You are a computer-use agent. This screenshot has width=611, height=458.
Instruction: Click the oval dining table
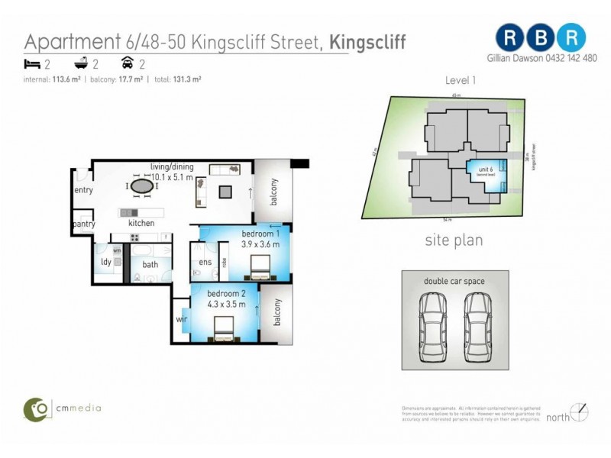[141, 185]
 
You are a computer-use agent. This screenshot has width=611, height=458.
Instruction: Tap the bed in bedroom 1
[258, 267]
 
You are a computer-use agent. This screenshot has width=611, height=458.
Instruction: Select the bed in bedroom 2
[224, 329]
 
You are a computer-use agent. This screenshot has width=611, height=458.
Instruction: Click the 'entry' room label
[83, 190]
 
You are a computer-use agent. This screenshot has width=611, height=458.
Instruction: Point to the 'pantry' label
[83, 224]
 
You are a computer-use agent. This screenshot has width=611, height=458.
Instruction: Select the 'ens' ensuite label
[205, 263]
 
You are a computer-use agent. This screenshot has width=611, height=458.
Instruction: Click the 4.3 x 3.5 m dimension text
[226, 304]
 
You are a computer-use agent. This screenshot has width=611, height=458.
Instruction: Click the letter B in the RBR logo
[541, 37]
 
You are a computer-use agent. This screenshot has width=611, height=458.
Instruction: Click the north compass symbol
[580, 413]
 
